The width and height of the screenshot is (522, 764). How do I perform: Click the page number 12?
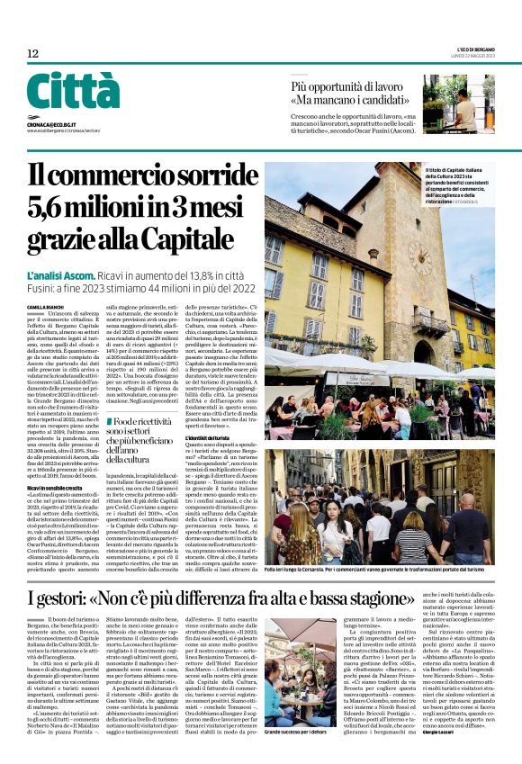pyautogui.click(x=32, y=54)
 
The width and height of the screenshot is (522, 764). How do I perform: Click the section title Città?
pyautogui.click(x=73, y=92)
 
